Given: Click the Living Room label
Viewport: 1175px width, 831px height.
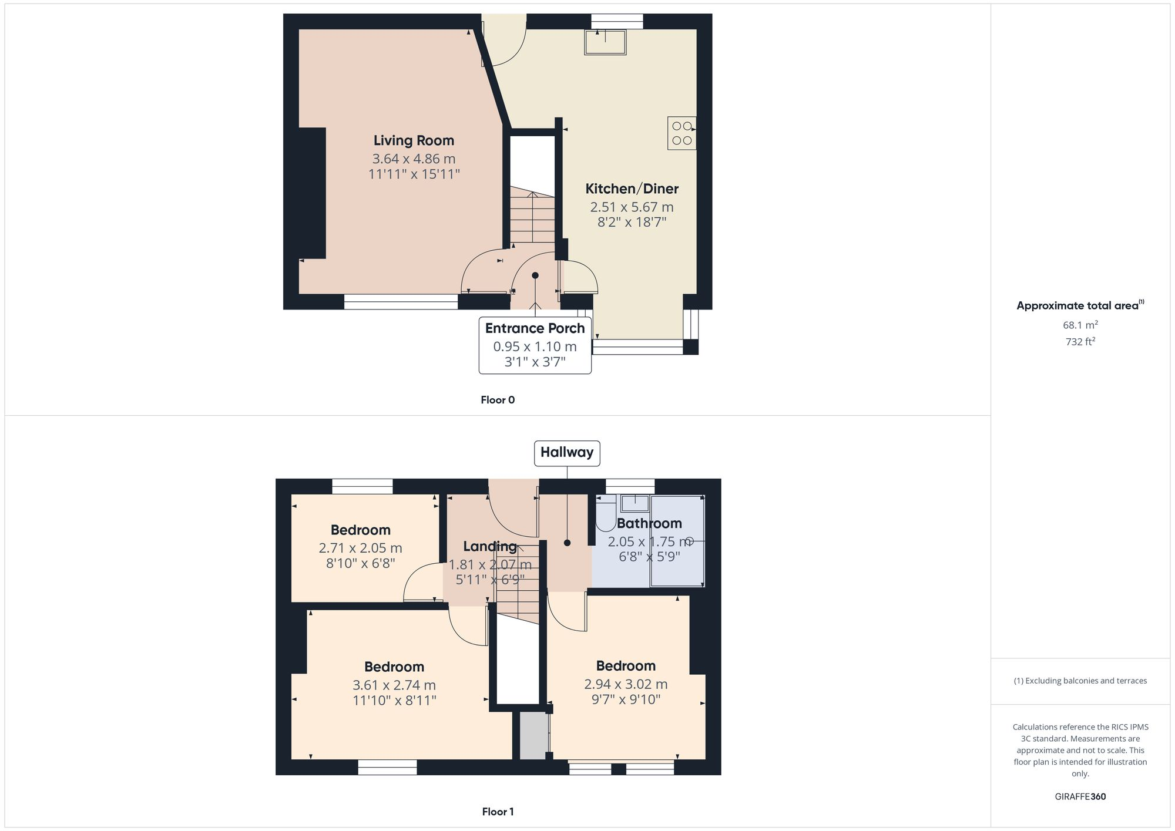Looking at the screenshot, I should tap(414, 140).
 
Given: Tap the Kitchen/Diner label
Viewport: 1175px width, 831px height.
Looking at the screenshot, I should tap(632, 189).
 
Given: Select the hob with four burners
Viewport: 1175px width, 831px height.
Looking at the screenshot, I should tap(681, 133).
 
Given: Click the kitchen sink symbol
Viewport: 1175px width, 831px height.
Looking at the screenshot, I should tap(605, 42).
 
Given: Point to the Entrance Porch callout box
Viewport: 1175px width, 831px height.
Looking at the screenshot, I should tap(535, 345).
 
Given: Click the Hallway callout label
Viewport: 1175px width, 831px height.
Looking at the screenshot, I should tap(566, 453).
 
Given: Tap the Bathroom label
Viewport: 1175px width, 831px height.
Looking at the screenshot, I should tap(649, 523).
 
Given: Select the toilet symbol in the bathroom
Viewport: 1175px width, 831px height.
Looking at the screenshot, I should tap(605, 514).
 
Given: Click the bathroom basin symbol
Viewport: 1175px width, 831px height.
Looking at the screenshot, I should tap(634, 503).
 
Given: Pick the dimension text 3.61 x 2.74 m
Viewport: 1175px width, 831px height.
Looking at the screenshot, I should tap(394, 685).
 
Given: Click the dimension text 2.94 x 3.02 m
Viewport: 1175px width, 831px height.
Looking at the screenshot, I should tap(625, 684).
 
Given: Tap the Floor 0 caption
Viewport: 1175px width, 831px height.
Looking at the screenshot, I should tap(497, 400).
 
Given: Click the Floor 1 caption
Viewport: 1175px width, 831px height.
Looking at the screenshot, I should tap(497, 812).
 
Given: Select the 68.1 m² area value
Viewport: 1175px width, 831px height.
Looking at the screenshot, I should tap(1080, 325).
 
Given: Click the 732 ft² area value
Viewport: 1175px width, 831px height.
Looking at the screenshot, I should tap(1080, 341).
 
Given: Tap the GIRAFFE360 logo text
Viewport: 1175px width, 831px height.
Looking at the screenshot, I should tap(1080, 796).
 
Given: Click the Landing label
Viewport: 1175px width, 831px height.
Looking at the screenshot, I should tap(489, 547).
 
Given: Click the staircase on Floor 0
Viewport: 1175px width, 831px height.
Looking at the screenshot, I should tap(532, 217).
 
